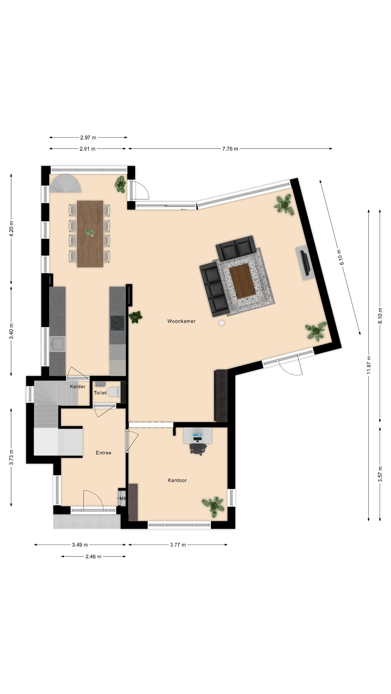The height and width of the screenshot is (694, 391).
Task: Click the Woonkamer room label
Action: pos(181,321)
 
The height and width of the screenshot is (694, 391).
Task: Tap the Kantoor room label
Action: pos(177,480)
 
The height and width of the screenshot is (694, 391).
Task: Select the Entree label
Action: pos(104,453)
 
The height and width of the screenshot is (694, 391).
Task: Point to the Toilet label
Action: pos(100,393)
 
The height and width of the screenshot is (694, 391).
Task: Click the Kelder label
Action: pos(78,387)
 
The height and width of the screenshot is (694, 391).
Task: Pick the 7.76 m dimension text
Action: pos(230,149)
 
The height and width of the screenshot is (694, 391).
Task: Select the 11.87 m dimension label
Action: pos(369,365)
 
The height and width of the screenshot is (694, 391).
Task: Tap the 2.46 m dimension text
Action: pos(93,557)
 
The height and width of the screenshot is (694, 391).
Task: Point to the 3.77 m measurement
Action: pos(178,545)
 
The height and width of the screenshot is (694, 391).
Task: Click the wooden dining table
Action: pos(90,234)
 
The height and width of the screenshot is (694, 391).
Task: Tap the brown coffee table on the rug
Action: pos(242,281)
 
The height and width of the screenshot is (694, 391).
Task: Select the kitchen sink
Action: pos(57,344)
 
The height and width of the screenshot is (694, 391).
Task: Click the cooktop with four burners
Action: pos(117,323)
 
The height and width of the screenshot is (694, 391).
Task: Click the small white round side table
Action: pos(222,323)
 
